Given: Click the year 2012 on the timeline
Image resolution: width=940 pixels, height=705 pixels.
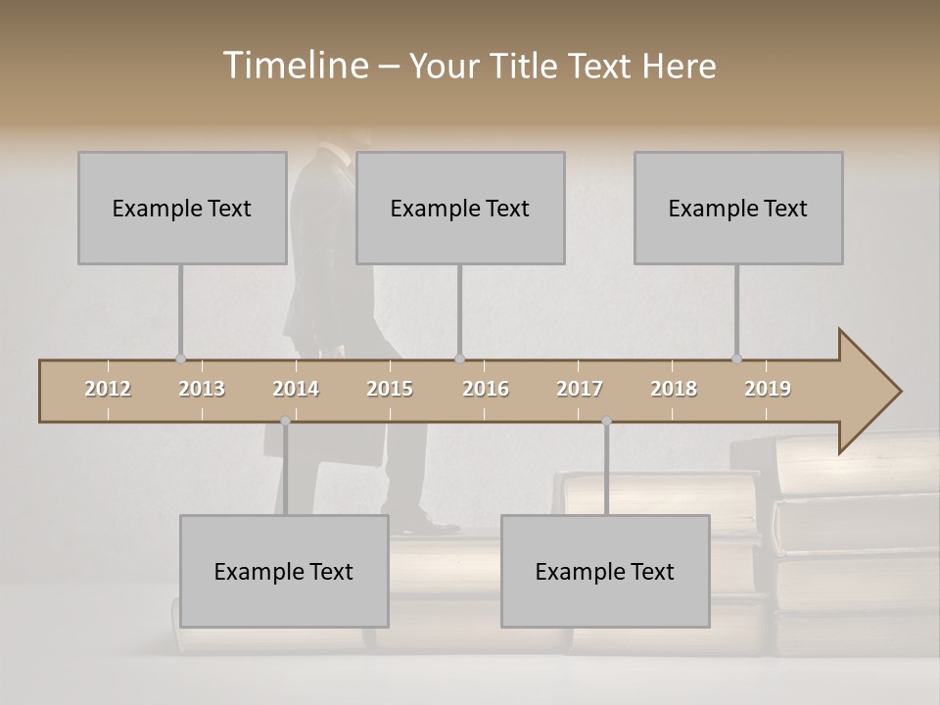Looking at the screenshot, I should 108,389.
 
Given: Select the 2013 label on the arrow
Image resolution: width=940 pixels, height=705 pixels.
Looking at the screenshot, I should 202,389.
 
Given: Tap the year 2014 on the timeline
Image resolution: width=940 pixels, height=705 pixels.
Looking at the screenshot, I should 296,389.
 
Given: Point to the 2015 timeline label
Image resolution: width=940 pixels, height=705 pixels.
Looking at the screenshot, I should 390,389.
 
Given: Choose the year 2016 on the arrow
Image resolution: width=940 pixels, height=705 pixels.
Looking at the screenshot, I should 486,389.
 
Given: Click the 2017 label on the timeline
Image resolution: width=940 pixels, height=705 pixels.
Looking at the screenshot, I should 580,389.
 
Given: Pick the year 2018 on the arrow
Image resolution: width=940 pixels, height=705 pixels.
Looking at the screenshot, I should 674,389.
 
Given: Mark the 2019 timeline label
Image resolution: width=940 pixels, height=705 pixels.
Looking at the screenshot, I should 768,389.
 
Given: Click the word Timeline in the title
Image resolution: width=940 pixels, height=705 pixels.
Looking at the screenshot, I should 297,66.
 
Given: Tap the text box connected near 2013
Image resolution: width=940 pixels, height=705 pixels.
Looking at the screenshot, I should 182,208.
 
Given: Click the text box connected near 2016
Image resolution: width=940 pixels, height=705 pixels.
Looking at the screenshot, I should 460,208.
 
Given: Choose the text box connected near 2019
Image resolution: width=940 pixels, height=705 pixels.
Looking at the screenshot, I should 738,208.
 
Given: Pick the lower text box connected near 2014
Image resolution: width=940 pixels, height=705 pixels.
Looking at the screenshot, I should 284,571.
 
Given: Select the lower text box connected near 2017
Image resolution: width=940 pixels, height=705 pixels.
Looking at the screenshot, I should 605,571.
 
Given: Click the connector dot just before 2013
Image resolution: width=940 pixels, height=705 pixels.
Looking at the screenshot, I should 180,358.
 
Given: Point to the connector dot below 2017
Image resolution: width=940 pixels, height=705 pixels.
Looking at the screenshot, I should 606,421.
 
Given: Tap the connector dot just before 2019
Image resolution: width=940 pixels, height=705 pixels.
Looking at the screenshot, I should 736,358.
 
